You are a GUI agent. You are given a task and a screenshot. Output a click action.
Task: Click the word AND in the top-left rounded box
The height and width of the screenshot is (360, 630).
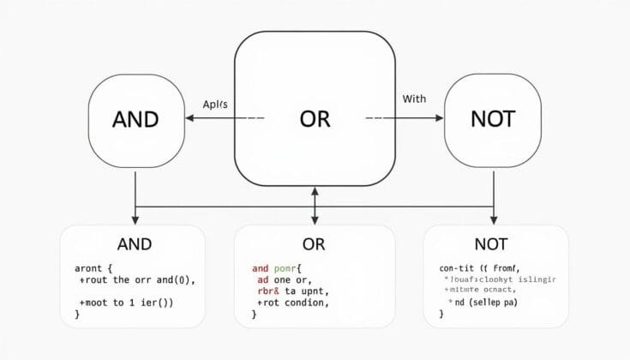coord(135,119)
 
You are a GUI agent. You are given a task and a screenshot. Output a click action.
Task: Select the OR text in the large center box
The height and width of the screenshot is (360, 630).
coord(315,119)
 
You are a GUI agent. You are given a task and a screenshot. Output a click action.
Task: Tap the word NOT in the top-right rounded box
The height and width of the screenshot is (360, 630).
coord(493,119)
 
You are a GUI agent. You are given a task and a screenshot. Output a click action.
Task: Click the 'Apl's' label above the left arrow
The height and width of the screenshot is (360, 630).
coord(215,104)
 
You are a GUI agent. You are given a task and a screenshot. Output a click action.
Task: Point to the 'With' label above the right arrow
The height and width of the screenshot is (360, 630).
coord(414,99)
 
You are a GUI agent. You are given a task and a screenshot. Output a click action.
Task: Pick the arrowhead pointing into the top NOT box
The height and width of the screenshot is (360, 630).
coord(438,119)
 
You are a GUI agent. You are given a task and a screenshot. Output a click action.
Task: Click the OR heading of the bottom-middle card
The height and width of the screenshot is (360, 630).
coord(314,244)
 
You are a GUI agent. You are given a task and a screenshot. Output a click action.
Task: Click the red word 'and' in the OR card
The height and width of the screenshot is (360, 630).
coord(261,268)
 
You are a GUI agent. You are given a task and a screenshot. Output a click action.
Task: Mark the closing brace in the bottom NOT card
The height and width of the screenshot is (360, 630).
coord(441,314)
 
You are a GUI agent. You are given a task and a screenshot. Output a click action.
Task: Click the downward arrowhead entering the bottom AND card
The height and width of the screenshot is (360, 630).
coord(135,220)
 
